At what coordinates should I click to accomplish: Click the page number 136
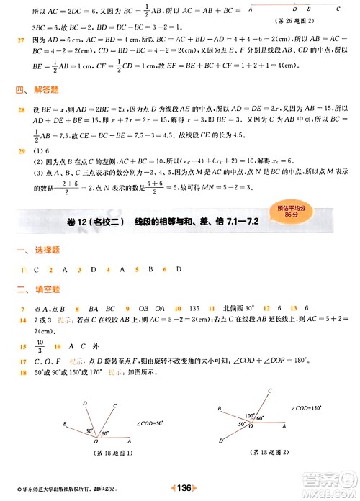coord(184,488)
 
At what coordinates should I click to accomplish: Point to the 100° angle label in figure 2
coord(250,415)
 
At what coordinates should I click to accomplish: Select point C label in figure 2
coord(269,389)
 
